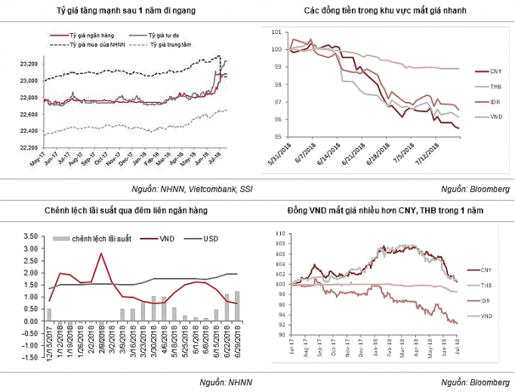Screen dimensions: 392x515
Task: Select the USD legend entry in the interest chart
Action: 213,239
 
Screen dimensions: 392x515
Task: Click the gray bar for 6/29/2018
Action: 236,307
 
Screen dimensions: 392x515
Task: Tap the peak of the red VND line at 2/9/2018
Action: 100,254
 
